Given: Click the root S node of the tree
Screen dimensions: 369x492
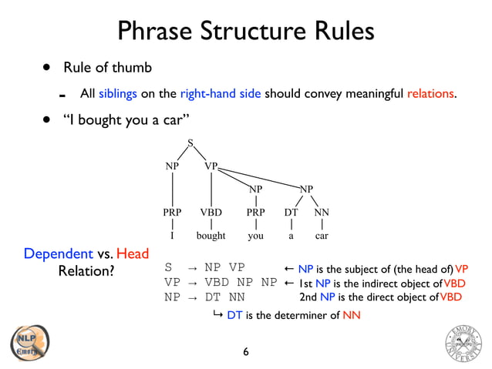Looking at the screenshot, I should (190, 142).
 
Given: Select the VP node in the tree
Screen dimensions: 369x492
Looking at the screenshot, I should (211, 166).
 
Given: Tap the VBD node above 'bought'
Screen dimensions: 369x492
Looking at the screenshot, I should (211, 212).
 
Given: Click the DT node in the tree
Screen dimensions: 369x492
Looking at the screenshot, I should (291, 212).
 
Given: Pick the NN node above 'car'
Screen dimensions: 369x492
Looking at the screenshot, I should (322, 212).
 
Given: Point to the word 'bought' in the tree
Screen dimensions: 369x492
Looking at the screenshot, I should (211, 236).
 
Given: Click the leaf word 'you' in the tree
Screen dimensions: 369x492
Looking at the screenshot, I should (254, 236).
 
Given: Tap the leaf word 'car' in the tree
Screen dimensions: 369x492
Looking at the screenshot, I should (322, 236).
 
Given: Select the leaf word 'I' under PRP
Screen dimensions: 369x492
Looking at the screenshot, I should (172, 236).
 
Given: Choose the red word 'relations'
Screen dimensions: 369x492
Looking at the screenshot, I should (430, 95).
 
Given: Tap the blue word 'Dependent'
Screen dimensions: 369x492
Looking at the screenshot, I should (59, 254).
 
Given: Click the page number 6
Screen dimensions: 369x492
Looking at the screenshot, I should (245, 352).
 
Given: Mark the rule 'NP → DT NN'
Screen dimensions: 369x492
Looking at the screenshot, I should (204, 296).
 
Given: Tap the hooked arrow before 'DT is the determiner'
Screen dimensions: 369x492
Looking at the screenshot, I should (218, 314).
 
